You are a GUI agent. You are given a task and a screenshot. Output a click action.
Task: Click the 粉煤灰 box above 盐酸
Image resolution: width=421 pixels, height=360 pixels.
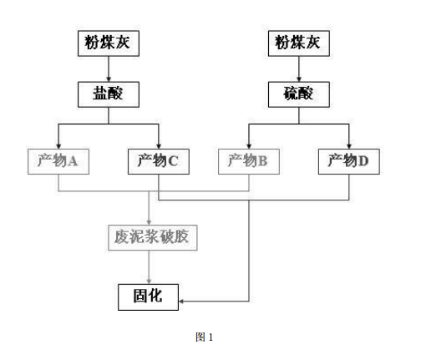[x=109, y=43]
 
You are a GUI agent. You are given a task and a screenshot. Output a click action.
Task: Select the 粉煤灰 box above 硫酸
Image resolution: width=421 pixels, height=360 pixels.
[x=297, y=43]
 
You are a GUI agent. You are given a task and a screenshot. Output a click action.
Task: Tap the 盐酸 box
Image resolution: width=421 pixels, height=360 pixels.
[x=109, y=94]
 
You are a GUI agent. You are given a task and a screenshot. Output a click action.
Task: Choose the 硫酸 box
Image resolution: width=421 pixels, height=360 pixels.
[x=297, y=94]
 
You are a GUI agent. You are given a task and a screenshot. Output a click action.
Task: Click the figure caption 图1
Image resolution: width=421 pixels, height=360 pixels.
[x=205, y=337]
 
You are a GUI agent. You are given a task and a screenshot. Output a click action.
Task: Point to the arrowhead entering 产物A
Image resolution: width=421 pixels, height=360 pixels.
[x=58, y=144]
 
